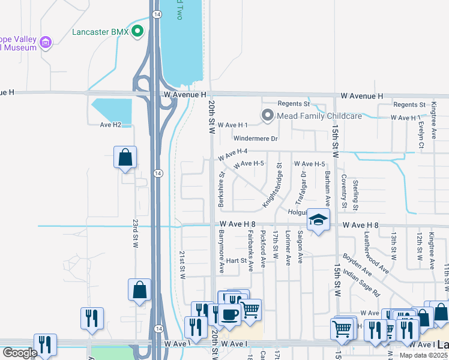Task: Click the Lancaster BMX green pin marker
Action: pyautogui.click(x=138, y=31)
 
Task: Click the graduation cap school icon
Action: pyautogui.click(x=318, y=220)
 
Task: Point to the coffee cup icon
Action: pyautogui.click(x=229, y=313)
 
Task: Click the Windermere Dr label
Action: pyautogui.click(x=256, y=139)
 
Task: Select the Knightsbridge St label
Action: pyautogui.click(x=271, y=185)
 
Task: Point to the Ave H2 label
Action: pyautogui.click(x=110, y=125)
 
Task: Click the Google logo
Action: pyautogui.click(x=20, y=353)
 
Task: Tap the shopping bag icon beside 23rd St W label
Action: pyautogui.click(x=125, y=158)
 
